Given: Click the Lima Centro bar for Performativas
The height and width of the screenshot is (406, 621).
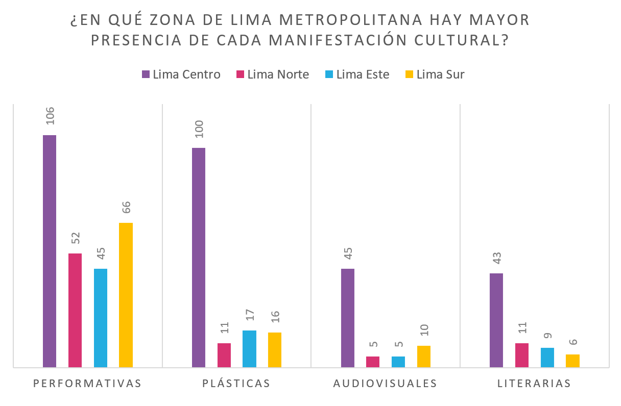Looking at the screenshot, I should pos(50,251).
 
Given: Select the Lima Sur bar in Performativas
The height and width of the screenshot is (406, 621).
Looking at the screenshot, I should pos(126,295).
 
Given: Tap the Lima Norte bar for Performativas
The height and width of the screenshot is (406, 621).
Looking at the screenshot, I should pos(75,310).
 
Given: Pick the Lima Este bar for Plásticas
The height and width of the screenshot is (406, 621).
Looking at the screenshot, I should pos(249,349).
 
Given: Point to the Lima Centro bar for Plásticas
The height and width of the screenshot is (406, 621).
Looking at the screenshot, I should pos(199,258).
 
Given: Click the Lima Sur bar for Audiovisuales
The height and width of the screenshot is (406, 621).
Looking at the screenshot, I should pos(424,357).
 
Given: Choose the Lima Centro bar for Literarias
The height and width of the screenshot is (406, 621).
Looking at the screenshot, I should pos(496,320).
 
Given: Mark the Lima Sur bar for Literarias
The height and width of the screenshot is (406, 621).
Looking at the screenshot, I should pos(572,361).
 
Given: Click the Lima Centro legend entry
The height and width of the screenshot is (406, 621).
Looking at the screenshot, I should pos(181,74).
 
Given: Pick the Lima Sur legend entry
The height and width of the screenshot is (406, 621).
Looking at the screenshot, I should pos(435,74).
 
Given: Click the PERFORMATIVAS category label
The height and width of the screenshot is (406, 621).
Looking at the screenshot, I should pos(87,384).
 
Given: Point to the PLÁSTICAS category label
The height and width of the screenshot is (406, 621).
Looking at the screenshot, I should pos(236,384).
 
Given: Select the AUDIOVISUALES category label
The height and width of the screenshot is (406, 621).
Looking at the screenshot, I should pos(385,384).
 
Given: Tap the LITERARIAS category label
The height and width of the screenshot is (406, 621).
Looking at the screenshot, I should pos(534,384).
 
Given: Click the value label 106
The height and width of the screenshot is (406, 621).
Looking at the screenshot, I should pos(50,116).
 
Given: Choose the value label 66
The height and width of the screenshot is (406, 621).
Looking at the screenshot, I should pos(126,207).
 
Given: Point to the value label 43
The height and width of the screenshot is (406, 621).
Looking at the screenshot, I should pos(497,257).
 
